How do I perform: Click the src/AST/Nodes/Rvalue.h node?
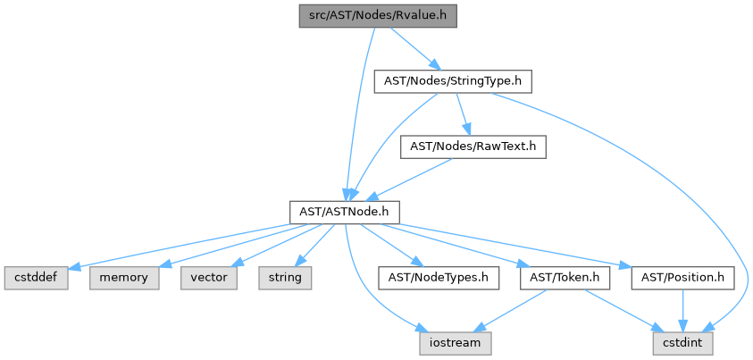(378, 15)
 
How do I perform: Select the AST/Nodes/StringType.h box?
(453, 80)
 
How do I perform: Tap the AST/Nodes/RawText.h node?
(473, 146)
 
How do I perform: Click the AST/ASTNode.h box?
(344, 212)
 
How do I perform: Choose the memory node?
(124, 278)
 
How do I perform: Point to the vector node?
(209, 278)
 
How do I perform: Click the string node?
(286, 278)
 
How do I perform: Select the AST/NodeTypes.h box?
(438, 278)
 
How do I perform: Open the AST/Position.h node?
(683, 278)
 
